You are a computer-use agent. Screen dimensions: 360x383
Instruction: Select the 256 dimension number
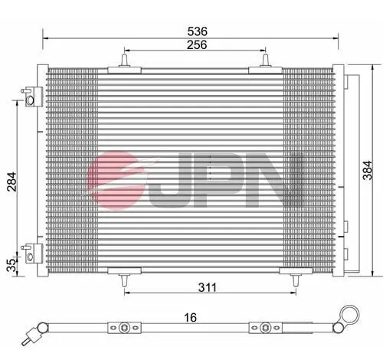[x=196, y=46]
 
